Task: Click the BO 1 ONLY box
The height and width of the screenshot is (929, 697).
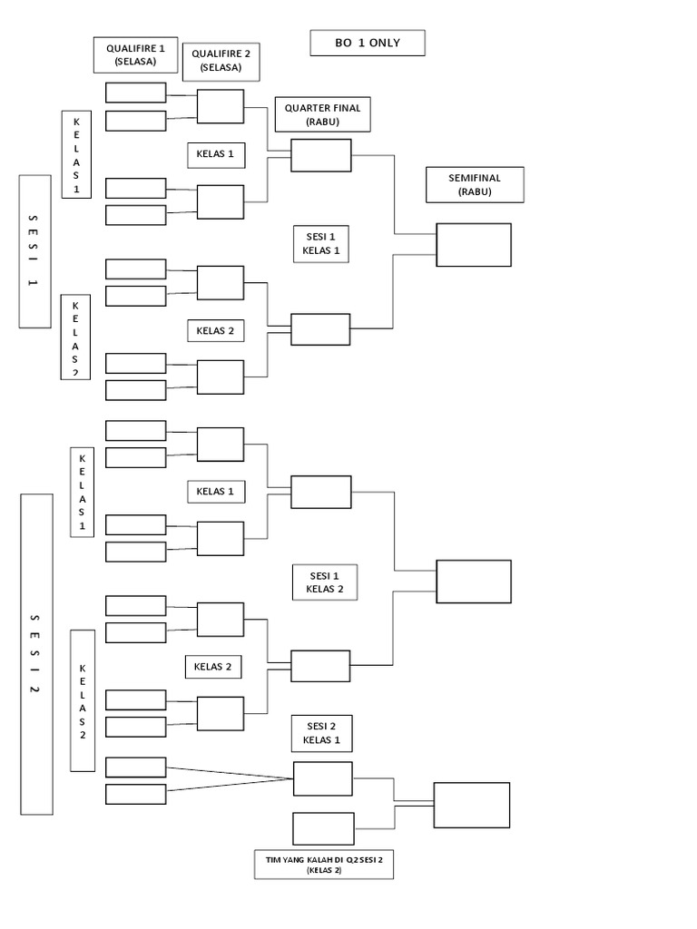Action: point(367,43)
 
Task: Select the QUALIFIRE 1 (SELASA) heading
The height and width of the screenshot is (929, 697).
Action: point(135,54)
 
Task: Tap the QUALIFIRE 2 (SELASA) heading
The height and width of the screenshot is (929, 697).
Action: point(221,61)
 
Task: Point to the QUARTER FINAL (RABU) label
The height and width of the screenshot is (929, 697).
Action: point(322,114)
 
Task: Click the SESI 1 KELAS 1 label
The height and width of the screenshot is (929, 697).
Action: point(320,243)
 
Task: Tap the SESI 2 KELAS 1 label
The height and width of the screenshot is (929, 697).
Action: point(321,733)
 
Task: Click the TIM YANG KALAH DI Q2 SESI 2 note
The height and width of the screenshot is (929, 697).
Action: point(324,864)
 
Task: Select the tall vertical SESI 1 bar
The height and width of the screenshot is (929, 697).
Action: point(34,250)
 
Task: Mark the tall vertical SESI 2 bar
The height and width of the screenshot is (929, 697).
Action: point(36,654)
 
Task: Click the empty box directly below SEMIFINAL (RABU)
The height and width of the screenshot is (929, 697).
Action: point(474,245)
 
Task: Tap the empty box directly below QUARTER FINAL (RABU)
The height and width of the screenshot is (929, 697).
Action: point(320,155)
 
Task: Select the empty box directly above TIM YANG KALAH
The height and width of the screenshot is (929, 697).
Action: point(323,828)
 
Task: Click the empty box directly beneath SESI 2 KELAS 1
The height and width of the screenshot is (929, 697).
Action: point(323,778)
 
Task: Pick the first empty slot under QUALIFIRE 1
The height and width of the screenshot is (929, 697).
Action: point(136,93)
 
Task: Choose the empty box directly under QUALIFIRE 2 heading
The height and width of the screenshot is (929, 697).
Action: point(221,106)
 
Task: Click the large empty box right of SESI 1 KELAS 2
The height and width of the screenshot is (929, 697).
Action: point(474,582)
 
